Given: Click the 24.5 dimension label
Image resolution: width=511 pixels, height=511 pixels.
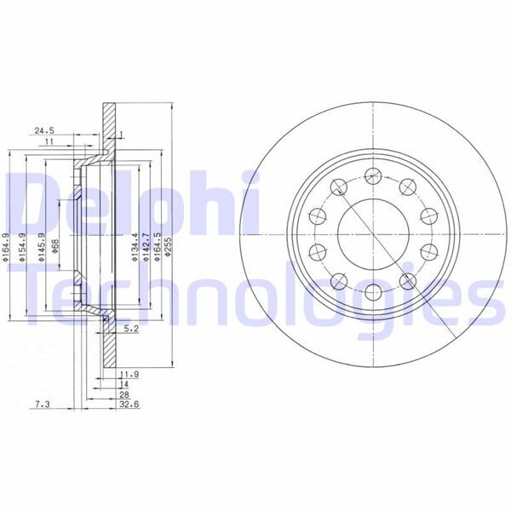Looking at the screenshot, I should pyautogui.click(x=44, y=130).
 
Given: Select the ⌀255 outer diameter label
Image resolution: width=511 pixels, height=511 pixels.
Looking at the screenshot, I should pyautogui.click(x=169, y=252).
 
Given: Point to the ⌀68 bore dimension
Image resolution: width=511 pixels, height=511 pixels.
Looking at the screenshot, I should pyautogui.click(x=55, y=249).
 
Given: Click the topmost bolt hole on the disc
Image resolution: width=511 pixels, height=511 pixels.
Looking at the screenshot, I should pyautogui.click(x=371, y=175).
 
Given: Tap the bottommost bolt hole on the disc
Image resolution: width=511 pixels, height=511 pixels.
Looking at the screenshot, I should pyautogui.click(x=371, y=295).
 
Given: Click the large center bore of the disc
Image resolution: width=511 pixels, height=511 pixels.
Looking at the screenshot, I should pyautogui.click(x=371, y=235).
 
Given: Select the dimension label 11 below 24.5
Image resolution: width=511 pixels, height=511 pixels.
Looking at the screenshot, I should pyautogui.click(x=49, y=144).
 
